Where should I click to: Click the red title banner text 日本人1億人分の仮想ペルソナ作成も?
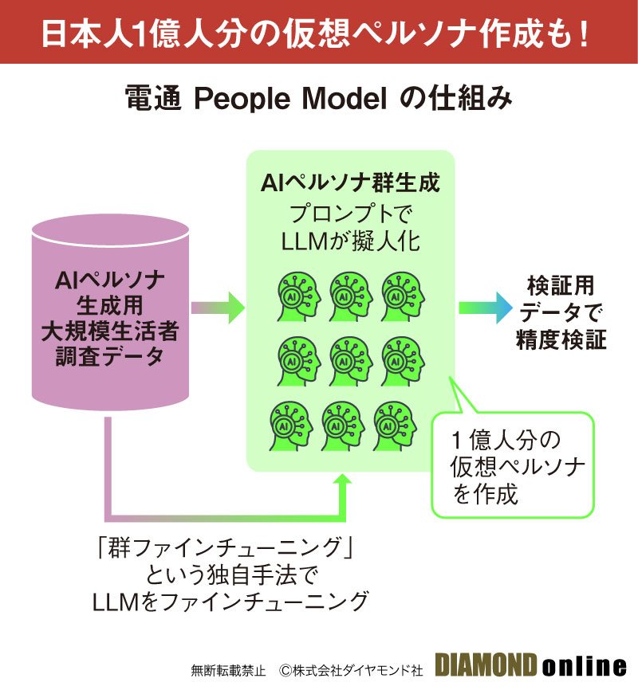tap(319, 32)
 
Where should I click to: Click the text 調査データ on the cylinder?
tap(110, 355)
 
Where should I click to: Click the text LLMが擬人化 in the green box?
tap(351, 241)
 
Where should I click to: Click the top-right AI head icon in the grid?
tap(401, 294)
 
